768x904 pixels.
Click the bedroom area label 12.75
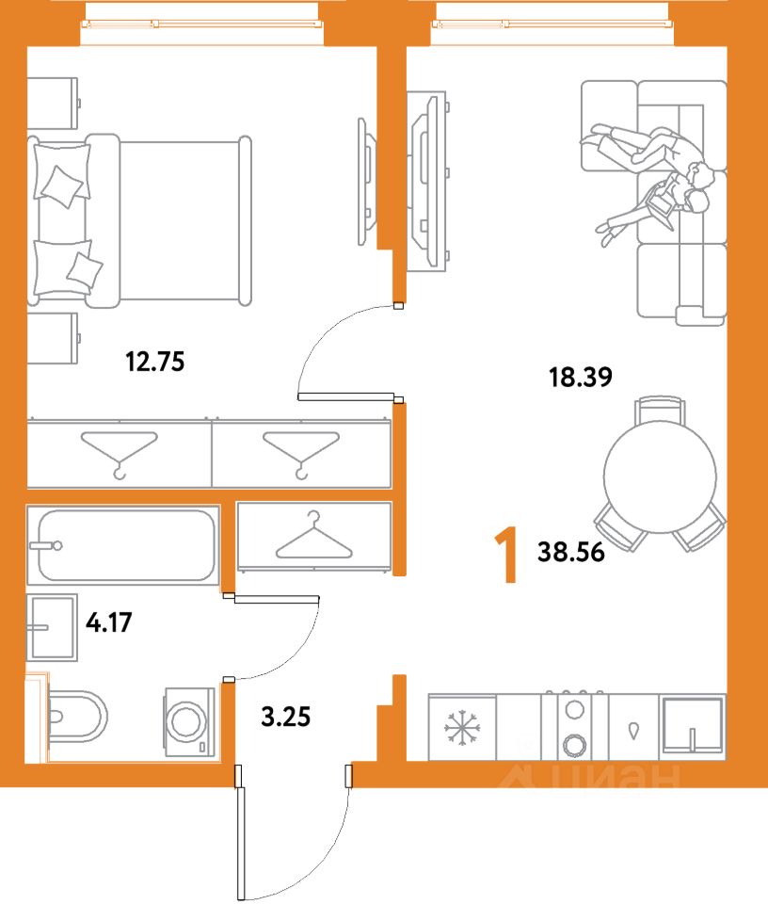point(155,362)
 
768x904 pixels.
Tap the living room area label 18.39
point(580,377)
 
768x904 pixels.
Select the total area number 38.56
point(571,552)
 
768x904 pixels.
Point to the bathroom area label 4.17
point(109,622)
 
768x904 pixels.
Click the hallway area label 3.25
point(286,717)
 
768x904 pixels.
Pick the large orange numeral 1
point(506,557)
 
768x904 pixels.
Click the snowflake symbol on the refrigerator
point(462,728)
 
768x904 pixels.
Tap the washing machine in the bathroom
point(189,720)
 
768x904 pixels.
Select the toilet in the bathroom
point(75,717)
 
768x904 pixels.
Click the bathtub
point(123,545)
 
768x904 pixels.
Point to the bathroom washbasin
point(52,627)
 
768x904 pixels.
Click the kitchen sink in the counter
point(693,726)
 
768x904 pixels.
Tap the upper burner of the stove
point(574,708)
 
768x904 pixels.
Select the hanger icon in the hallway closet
point(314,535)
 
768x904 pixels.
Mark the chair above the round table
point(661,410)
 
